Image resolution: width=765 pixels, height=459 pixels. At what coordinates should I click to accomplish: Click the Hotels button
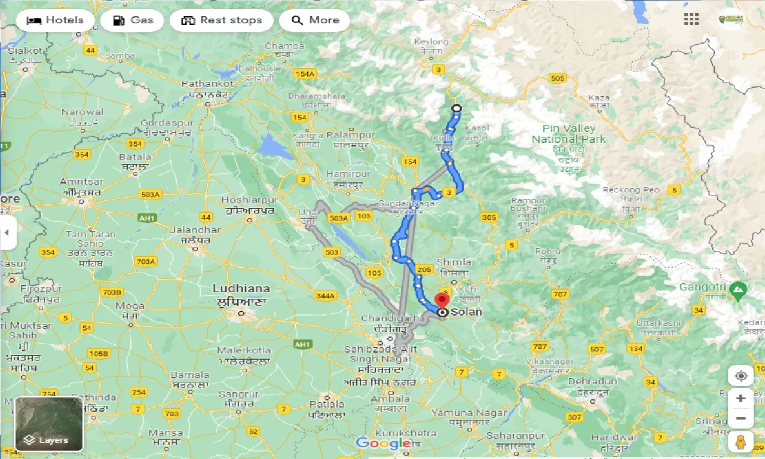coord(56,20)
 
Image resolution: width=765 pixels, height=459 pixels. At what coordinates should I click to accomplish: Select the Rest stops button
coord(222,20)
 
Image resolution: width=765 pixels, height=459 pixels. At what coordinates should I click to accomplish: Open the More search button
coord(315,20)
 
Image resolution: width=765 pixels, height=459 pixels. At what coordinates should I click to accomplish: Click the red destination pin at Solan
coord(442,300)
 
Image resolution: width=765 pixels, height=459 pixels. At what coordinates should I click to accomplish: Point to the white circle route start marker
coord(457,108)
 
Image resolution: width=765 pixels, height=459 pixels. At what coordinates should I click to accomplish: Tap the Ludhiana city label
coord(241,289)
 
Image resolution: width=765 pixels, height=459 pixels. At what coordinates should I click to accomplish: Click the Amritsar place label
coord(82,182)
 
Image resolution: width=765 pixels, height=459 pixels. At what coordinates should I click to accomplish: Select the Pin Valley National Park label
coord(569,134)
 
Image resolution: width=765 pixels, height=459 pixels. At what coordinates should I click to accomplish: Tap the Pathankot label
coord(204,84)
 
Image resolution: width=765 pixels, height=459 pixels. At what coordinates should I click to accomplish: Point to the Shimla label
coord(454,262)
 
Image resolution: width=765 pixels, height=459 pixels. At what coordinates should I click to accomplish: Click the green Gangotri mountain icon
coord(738,291)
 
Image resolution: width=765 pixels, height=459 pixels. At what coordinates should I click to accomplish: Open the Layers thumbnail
coord(49,424)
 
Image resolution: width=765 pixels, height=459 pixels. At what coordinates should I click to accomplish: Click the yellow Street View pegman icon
coord(740,442)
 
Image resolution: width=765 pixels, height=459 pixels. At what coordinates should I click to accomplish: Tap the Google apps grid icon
coord(691,20)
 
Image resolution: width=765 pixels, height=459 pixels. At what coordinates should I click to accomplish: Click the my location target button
coord(741,376)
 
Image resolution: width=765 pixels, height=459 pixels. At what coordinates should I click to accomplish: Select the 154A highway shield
coord(304,74)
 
